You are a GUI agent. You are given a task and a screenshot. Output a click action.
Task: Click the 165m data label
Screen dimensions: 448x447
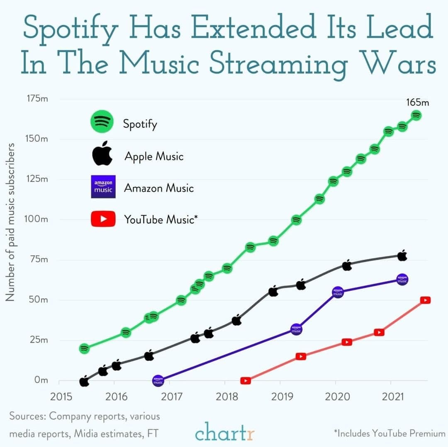point(417,102)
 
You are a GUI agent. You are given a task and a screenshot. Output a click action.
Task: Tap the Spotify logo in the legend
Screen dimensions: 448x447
point(102,121)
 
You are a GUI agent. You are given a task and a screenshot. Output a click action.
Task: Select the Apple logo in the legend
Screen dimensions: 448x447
point(102,153)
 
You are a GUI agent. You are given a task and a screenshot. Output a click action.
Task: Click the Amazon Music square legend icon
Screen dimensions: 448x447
point(103,186)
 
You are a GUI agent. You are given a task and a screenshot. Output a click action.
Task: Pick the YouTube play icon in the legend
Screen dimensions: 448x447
point(103,219)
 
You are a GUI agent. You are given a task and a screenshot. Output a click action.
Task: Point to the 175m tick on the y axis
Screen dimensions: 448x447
point(37,99)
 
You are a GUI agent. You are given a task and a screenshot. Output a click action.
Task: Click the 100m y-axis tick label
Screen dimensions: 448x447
point(36,219)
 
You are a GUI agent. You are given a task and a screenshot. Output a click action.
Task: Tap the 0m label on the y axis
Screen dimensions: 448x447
point(41,380)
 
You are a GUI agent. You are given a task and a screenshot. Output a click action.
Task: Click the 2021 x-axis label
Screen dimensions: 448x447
point(393,396)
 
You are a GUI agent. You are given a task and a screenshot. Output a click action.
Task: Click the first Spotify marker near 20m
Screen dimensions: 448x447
point(84,348)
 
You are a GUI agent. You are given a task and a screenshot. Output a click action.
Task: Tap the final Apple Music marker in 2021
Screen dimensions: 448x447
point(402,256)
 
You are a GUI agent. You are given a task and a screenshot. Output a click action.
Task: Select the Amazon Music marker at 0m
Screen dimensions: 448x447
point(158,381)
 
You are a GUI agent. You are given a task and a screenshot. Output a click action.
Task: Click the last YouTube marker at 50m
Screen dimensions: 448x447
point(426,300)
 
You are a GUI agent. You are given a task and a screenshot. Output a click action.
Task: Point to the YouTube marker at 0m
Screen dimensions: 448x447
point(246,381)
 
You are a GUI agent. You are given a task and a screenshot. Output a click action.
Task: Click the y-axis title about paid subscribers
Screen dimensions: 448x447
point(10,222)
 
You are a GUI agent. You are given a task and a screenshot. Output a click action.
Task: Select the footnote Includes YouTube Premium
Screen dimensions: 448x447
point(390,433)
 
